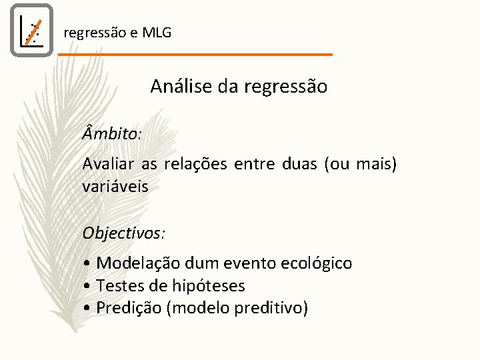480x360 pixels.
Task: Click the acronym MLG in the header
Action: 157,32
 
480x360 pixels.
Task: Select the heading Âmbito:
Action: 111,133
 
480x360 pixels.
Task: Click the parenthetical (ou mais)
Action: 361,164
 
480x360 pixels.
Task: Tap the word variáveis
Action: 115,187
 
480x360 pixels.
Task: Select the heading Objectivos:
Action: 124,233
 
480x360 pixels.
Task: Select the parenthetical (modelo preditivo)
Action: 238,308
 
